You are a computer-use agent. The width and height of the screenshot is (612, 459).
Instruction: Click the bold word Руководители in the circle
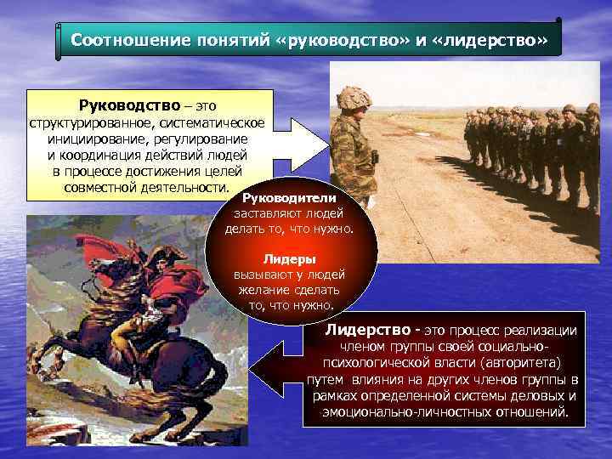point(290,198)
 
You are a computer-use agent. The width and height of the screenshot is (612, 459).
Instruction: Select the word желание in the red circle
point(263,290)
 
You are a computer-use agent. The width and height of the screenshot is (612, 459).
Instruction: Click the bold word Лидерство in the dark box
point(362,331)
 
